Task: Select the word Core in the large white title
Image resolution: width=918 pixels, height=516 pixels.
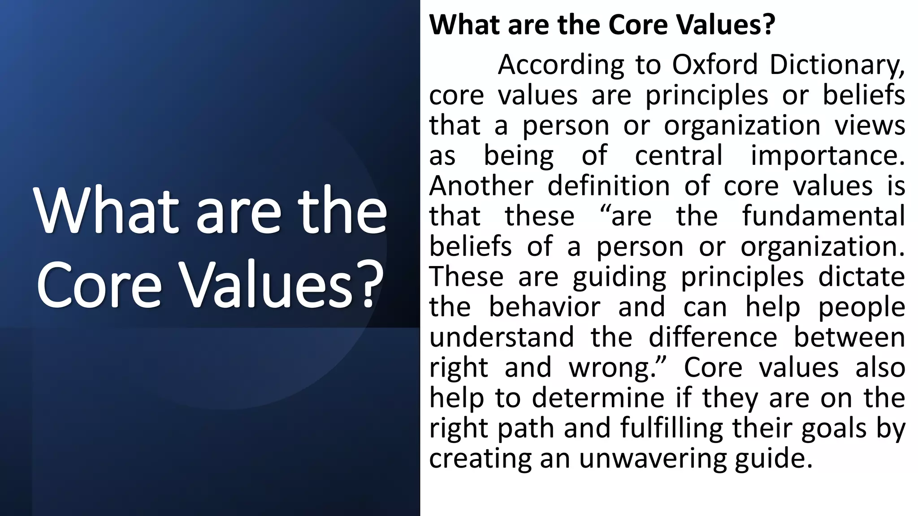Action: tap(99, 284)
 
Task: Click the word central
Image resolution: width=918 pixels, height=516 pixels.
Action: tap(679, 155)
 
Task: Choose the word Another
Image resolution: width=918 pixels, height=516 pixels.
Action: tap(481, 185)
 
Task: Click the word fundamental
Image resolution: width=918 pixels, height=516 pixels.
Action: tap(823, 216)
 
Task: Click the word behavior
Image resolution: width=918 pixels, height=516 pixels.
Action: tap(544, 307)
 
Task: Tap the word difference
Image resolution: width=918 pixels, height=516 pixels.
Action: tap(713, 337)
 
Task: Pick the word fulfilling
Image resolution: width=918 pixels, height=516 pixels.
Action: tap(671, 428)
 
